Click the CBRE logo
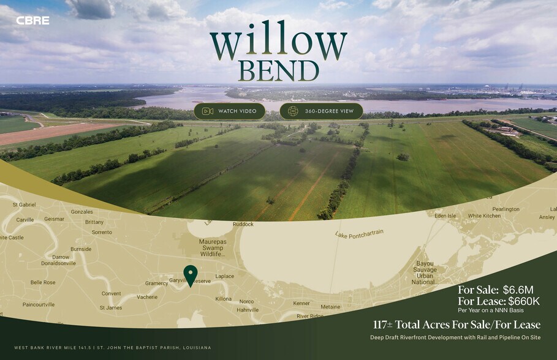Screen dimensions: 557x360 (32, 20)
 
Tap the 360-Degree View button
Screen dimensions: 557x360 (321, 111)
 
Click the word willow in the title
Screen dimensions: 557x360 (278, 44)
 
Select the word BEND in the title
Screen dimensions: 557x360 (279, 71)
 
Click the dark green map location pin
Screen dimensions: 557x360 (191, 275)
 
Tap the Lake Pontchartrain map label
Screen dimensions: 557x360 (359, 233)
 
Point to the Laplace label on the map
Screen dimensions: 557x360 (224, 276)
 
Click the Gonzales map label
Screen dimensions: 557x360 (81, 212)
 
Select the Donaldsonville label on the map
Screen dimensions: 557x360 (58, 263)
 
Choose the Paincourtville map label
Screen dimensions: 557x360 (38, 304)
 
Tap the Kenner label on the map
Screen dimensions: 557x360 (301, 303)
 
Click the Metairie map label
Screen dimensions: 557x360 (330, 307)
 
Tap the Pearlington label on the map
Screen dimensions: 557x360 (506, 209)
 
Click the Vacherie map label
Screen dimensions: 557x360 (147, 297)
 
